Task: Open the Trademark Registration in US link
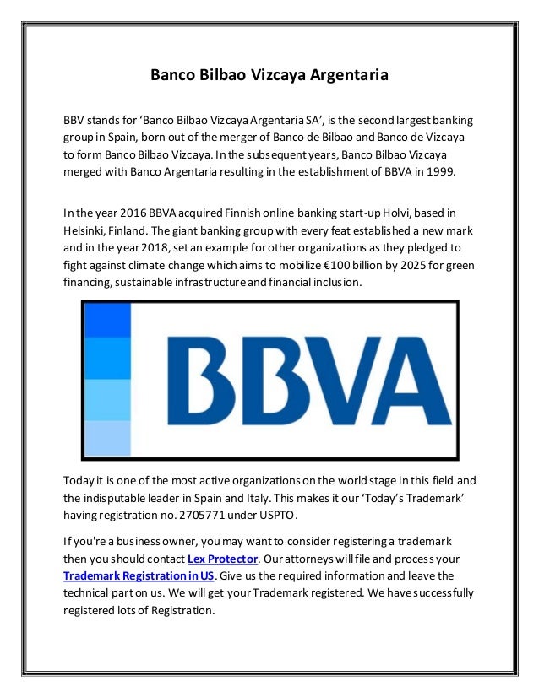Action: click(139, 575)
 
